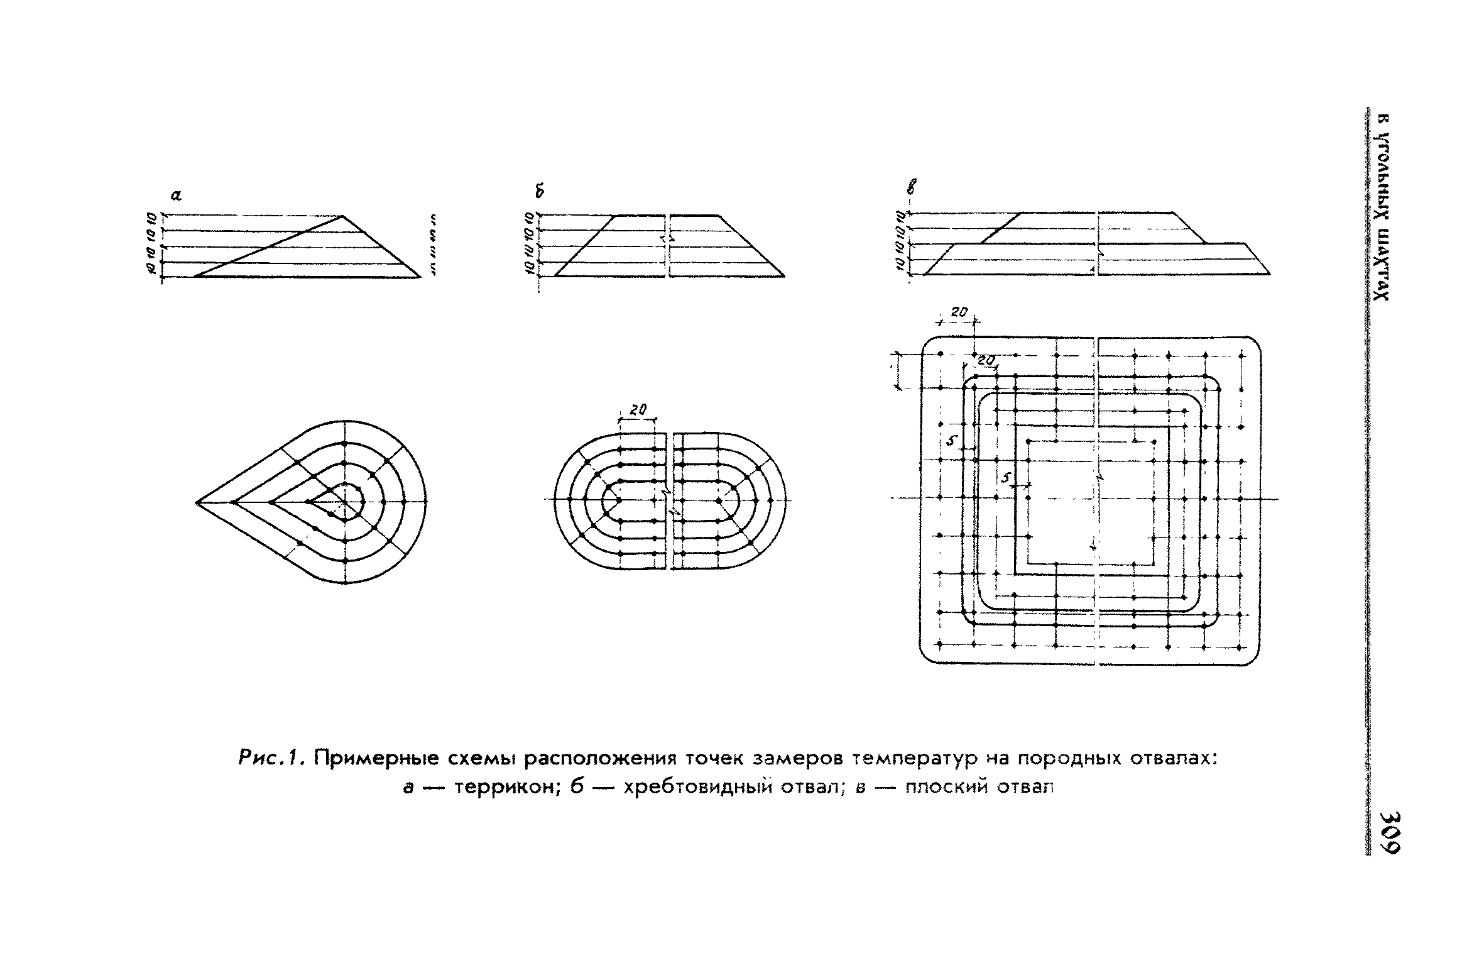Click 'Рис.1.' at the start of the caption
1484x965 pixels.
(273, 759)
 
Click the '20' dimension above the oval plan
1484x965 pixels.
(638, 410)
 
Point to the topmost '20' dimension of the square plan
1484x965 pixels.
(959, 312)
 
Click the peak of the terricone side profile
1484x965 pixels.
(342, 216)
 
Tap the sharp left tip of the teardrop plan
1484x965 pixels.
(197, 502)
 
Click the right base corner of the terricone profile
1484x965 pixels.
(420, 277)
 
